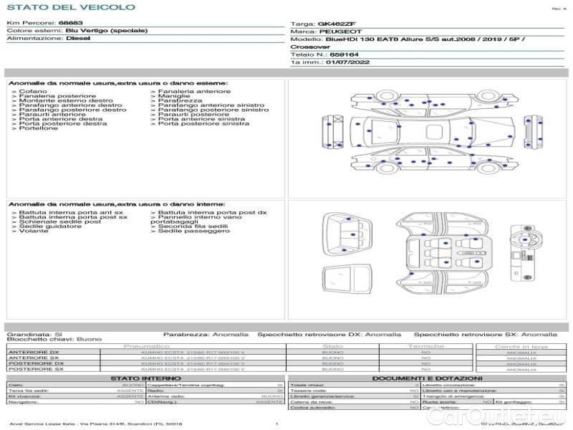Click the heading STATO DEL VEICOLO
click(x=71, y=7)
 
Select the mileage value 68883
click(x=70, y=24)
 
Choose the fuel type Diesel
click(x=78, y=39)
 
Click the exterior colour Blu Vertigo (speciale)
click(x=106, y=32)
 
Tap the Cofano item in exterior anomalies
click(x=33, y=92)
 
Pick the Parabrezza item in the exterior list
click(x=175, y=101)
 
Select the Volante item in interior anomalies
click(x=34, y=231)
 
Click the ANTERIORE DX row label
click(x=34, y=353)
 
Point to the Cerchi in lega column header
click(x=521, y=346)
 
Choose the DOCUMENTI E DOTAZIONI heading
click(x=427, y=378)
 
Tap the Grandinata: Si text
click(x=34, y=334)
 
